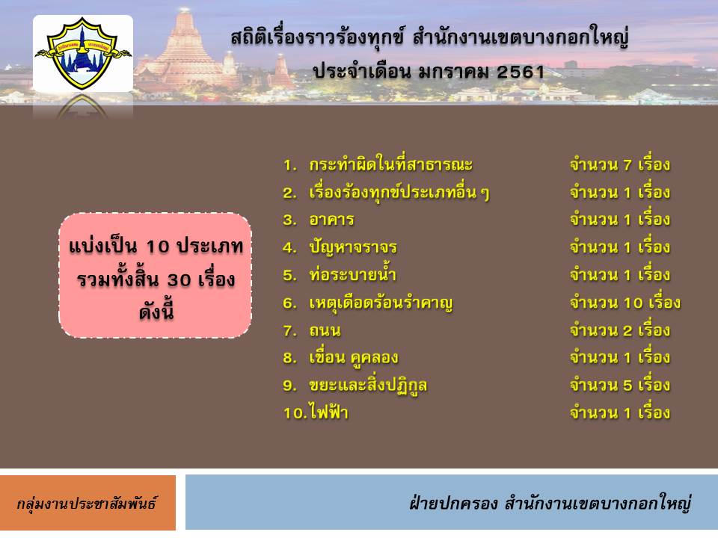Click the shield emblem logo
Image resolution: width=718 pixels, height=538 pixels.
(x=83, y=53)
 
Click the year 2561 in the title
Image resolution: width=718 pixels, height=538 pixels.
(x=521, y=72)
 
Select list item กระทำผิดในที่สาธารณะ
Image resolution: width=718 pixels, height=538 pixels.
(x=390, y=164)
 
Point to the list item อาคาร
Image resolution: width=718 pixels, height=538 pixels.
(x=331, y=220)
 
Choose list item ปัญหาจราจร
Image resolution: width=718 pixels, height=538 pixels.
(x=352, y=247)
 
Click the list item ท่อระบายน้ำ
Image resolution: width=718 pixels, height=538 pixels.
(x=352, y=273)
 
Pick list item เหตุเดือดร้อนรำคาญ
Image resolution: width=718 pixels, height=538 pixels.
(x=381, y=303)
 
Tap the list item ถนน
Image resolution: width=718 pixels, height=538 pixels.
(x=325, y=330)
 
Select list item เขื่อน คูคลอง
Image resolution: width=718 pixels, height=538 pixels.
(x=354, y=357)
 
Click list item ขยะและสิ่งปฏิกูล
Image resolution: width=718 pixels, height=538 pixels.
(x=368, y=386)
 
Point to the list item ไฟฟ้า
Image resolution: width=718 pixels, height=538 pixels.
(x=329, y=412)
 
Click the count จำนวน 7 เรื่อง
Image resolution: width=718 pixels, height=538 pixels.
(x=620, y=164)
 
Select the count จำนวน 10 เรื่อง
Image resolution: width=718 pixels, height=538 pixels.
(x=625, y=303)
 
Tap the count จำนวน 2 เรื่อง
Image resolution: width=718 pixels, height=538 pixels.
(x=620, y=330)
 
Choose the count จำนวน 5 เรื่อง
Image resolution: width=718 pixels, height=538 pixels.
(x=620, y=386)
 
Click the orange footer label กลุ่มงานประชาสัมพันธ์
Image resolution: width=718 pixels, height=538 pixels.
(x=87, y=504)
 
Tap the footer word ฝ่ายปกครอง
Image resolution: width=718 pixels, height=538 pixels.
(x=453, y=503)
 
